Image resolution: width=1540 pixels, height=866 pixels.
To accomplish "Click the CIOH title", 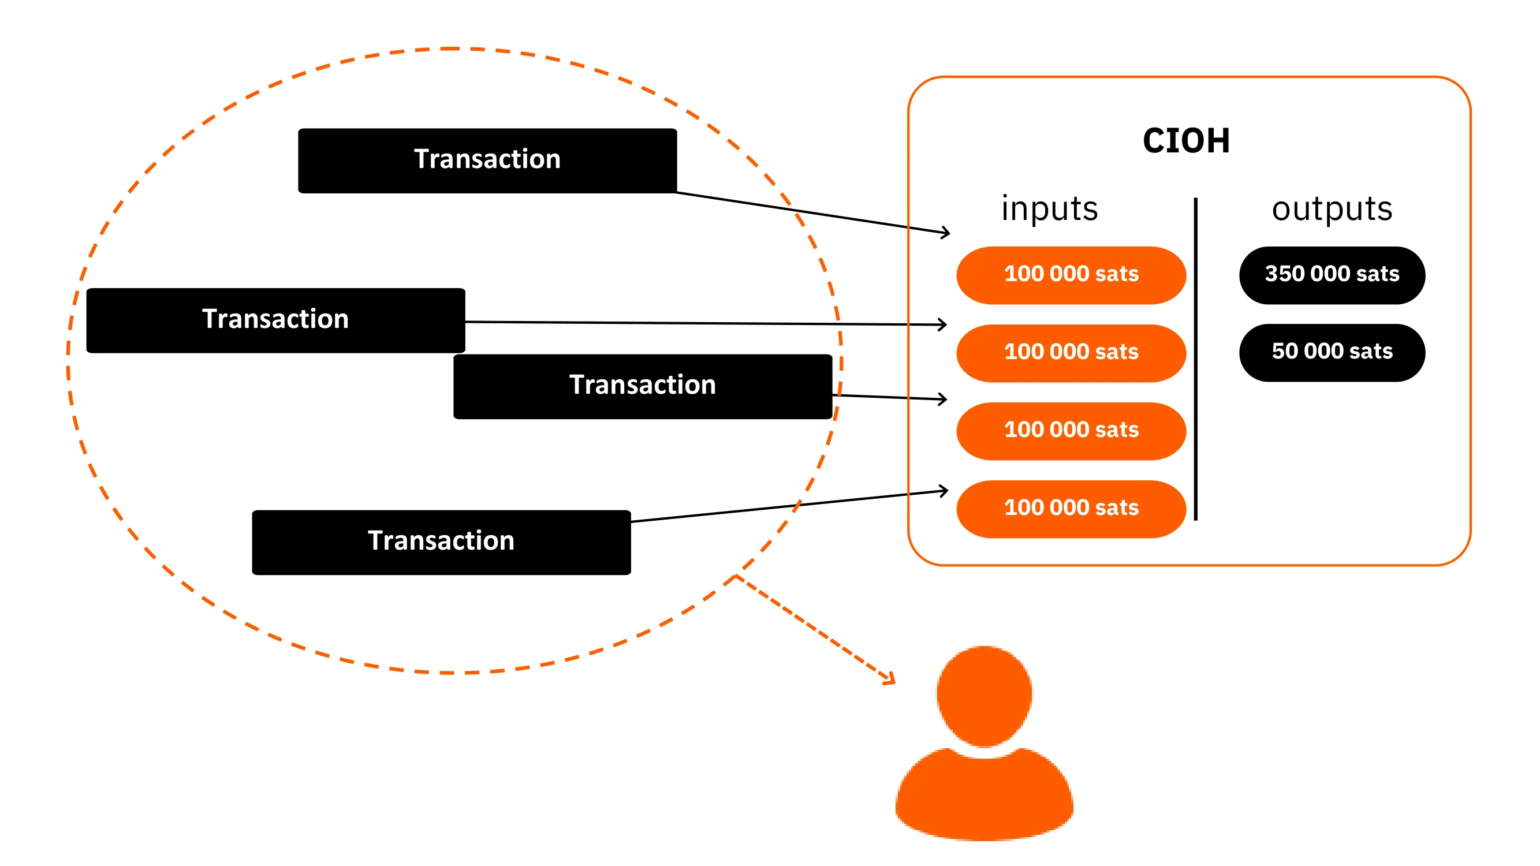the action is [1186, 141].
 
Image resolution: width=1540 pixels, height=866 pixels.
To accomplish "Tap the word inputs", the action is [1050, 209].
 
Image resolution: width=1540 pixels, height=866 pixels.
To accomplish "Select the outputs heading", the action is [1332, 209].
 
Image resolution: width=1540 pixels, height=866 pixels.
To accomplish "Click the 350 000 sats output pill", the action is [1332, 275].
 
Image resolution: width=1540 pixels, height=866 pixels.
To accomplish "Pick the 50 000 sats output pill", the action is [1332, 352].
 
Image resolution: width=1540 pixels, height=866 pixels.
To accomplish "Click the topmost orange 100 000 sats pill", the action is [1071, 275].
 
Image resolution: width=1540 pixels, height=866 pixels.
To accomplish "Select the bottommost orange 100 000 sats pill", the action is [1071, 509].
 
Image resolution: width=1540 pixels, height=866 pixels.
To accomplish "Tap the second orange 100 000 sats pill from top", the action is [1071, 353].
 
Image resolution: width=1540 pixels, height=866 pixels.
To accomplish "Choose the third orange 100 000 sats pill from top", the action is [1071, 431].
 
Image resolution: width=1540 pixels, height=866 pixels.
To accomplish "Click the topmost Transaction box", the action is [487, 160].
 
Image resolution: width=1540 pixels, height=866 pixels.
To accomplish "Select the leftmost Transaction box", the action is [275, 320].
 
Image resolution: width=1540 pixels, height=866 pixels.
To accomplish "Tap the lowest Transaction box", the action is [441, 542].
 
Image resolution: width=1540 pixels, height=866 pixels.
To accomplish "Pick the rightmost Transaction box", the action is [643, 386].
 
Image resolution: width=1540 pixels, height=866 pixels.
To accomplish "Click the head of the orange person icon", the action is [984, 696].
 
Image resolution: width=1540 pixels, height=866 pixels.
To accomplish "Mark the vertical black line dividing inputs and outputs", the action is [1196, 359].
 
